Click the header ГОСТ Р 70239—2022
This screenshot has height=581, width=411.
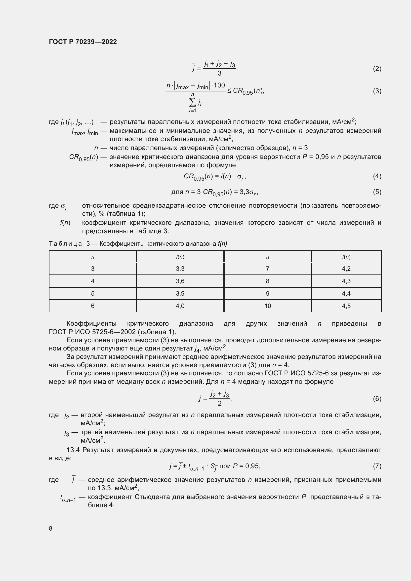(83, 42)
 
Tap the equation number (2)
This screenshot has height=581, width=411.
(377, 69)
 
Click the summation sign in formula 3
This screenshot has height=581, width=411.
(192, 102)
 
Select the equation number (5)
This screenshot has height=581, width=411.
(377, 192)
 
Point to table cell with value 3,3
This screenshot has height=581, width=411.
(180, 269)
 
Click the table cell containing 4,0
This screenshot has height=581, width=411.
(180, 306)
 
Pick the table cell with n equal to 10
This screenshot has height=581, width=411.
(268, 306)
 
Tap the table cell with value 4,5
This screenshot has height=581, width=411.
(346, 306)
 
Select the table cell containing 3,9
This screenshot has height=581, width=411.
(180, 294)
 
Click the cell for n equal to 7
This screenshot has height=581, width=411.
(268, 269)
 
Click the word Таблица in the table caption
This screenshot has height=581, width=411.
(65, 244)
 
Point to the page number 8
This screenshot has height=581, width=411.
(51, 528)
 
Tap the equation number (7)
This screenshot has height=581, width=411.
(377, 466)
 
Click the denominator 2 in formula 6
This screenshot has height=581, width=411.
(219, 404)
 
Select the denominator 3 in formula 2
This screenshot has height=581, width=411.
(219, 73)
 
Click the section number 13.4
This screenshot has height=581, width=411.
(73, 450)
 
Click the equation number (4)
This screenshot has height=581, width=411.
(377, 176)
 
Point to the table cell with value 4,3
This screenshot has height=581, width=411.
(346, 281)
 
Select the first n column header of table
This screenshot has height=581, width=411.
(93, 257)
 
